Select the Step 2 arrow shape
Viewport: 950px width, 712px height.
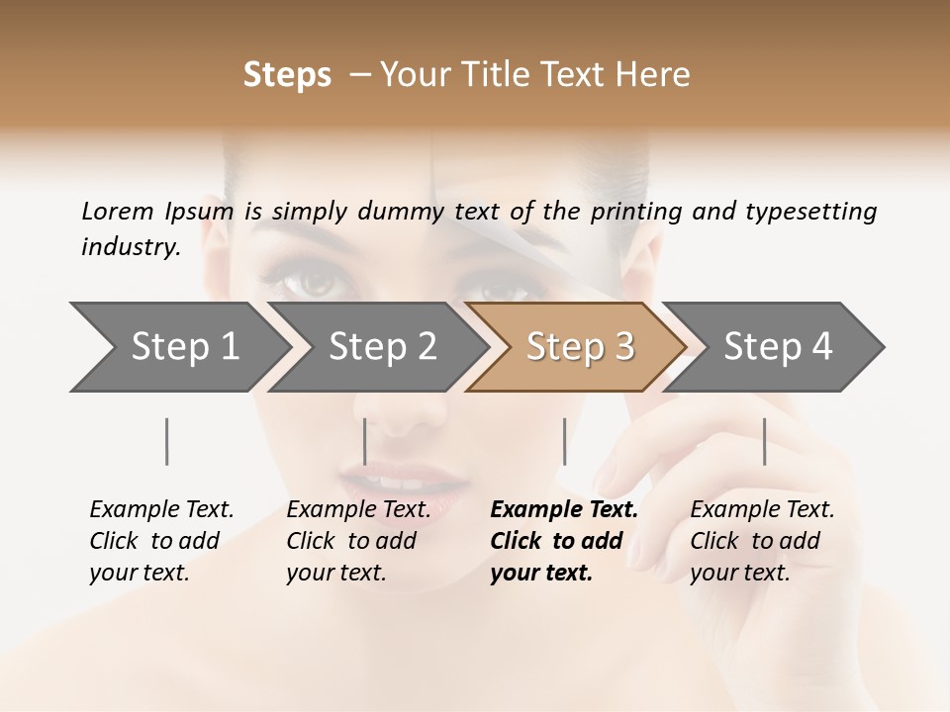click(381, 347)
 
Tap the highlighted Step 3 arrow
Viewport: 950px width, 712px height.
click(579, 347)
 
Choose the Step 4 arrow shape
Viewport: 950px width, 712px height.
click(778, 347)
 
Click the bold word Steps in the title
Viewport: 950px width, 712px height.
click(287, 75)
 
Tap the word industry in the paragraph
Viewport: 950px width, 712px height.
click(130, 246)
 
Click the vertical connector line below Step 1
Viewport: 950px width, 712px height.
click(167, 441)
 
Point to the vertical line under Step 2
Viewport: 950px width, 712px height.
click(365, 441)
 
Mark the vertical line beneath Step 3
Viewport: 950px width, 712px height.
click(564, 441)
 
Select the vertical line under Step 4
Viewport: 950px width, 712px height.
click(764, 441)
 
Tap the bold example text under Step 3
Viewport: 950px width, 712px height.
click(563, 541)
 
